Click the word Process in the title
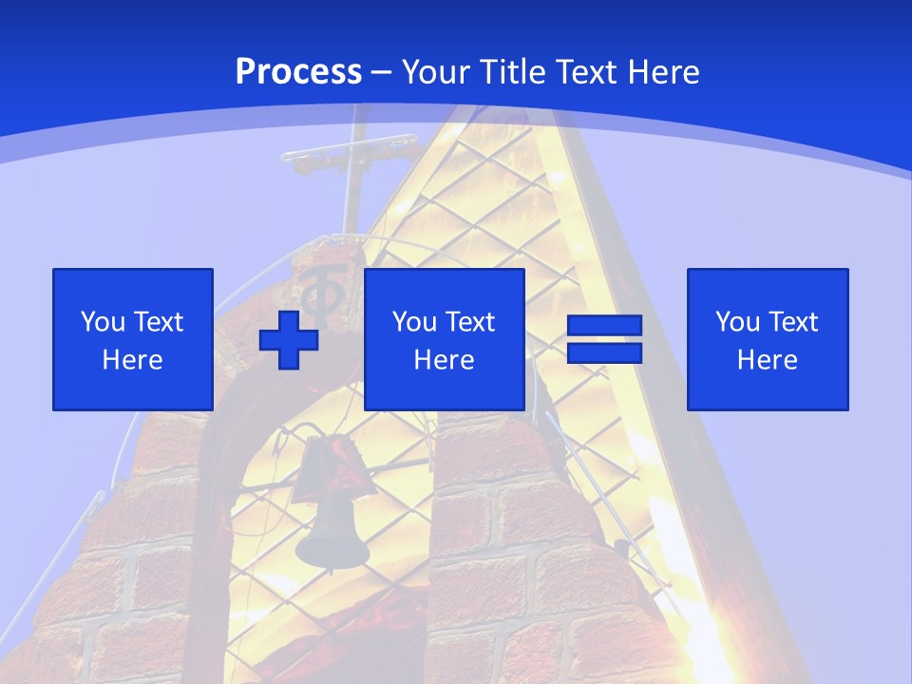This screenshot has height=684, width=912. coord(298,72)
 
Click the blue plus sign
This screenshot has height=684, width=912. coord(289,339)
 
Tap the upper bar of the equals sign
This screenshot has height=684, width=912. coord(604,326)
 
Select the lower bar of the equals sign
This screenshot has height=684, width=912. coord(604,352)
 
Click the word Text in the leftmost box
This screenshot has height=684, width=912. coord(160,322)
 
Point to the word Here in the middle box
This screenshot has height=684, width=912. coord(445,360)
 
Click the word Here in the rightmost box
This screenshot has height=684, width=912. coord(768,360)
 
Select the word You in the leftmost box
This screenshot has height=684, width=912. coord(104,322)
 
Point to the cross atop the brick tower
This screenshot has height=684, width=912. coord(351,157)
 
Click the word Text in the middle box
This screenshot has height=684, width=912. coord(471,322)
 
